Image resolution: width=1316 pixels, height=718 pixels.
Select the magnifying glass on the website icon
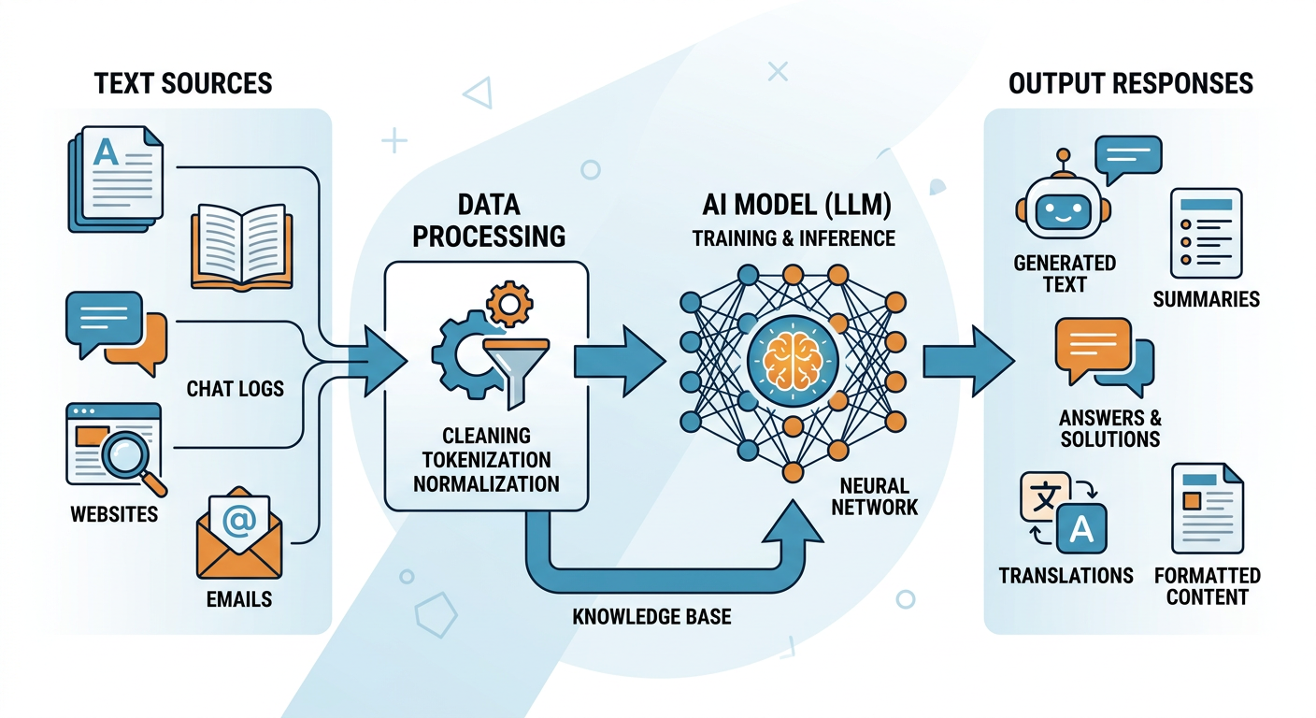128,454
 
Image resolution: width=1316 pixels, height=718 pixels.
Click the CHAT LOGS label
235,387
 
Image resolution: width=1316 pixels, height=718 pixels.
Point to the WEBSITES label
113,514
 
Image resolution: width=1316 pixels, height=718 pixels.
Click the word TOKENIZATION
486,459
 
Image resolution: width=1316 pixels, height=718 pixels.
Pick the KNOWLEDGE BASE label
651,617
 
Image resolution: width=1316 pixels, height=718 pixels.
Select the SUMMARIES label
1206,299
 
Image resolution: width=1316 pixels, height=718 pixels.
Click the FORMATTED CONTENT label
1207,586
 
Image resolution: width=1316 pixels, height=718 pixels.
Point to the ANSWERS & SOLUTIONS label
1109,428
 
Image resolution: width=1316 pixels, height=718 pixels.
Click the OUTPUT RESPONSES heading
1130,83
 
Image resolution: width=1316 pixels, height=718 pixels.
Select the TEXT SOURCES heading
183,83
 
